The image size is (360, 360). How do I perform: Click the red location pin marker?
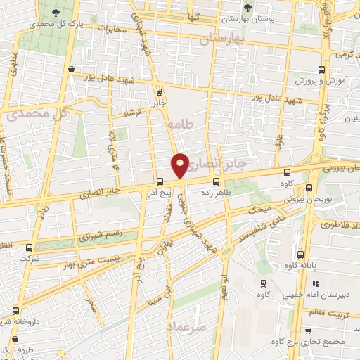pyautogui.click(x=181, y=165)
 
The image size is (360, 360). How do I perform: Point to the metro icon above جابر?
pyautogui.click(x=159, y=91)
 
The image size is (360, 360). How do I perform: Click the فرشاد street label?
pyautogui.click(x=132, y=112)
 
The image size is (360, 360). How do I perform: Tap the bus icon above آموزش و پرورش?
pyautogui.click(x=321, y=70)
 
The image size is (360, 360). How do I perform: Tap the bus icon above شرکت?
pyautogui.click(x=29, y=247)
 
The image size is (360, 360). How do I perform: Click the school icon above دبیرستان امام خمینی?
pyautogui.click(x=262, y=283)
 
